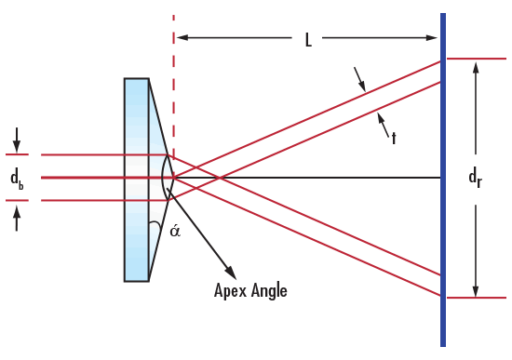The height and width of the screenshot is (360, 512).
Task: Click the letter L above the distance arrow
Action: click(x=308, y=41)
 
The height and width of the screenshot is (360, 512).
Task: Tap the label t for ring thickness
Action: click(x=394, y=138)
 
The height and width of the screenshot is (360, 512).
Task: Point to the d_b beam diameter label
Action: click(x=17, y=178)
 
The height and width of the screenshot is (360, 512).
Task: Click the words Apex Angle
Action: click(x=250, y=290)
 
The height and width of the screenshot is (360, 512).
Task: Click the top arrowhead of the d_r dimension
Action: click(x=476, y=65)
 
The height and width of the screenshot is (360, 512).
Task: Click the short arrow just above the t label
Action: click(x=381, y=119)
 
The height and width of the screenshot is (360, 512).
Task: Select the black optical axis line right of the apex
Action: click(x=307, y=177)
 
